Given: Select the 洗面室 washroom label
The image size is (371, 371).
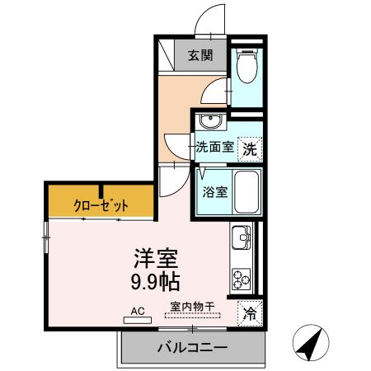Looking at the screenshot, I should [214, 148].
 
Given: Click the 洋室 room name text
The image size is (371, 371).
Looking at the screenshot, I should [155, 257].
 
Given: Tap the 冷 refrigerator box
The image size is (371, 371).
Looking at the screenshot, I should [248, 313].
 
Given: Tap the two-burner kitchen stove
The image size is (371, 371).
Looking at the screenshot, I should [242, 279].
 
